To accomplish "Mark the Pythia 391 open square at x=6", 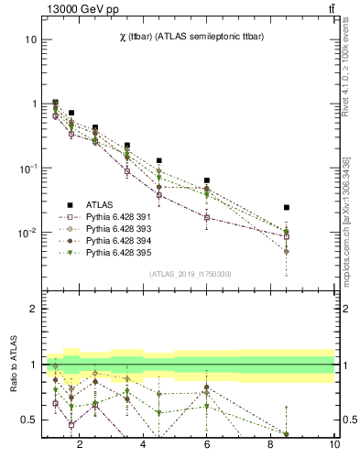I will coord(207,217).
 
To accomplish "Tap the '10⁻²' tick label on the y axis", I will coord(28,233).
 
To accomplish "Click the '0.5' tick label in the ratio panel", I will coord(28,420).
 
